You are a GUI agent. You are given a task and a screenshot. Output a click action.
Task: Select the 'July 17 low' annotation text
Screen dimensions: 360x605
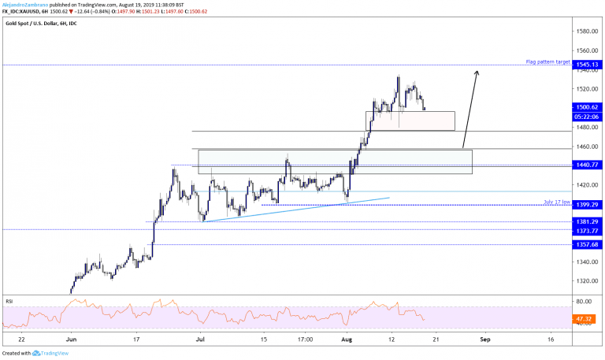click(555, 202)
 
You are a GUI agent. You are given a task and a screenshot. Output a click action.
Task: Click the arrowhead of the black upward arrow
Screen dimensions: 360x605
click(476, 72)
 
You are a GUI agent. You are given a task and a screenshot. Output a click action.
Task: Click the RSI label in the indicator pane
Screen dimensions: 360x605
click(9, 300)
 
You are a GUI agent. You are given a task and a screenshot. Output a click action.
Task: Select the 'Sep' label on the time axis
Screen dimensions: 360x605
click(485, 339)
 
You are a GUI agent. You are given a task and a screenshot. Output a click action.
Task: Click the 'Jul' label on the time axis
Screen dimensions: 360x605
click(202, 339)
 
